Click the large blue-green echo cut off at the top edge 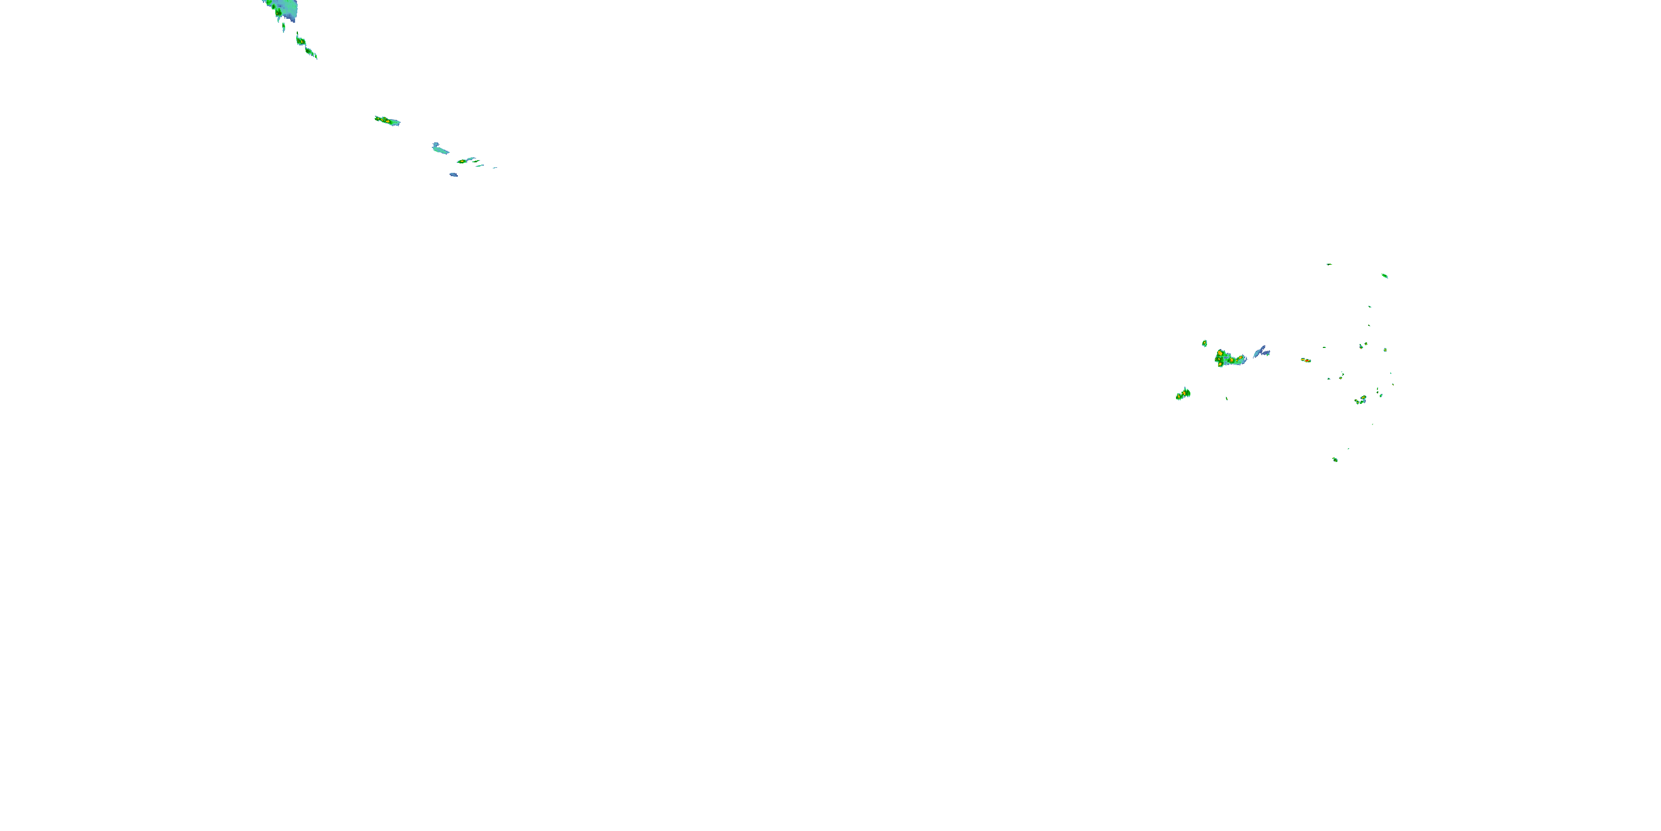click(283, 8)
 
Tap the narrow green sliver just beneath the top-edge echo click(283, 27)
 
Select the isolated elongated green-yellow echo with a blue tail click(387, 121)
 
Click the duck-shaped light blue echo click(440, 149)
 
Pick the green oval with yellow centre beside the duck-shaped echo click(462, 161)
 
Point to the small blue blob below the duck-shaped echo click(454, 174)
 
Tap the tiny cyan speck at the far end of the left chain click(494, 168)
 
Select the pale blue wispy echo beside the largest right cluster click(1261, 352)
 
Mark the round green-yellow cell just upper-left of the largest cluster click(1204, 343)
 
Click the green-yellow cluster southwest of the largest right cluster click(1183, 394)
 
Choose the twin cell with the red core click(1306, 360)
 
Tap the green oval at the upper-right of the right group click(1384, 275)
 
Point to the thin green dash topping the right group click(1329, 264)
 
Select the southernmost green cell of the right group click(1335, 459)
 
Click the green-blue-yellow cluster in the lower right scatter click(1360, 401)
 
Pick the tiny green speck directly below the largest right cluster click(1226, 398)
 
